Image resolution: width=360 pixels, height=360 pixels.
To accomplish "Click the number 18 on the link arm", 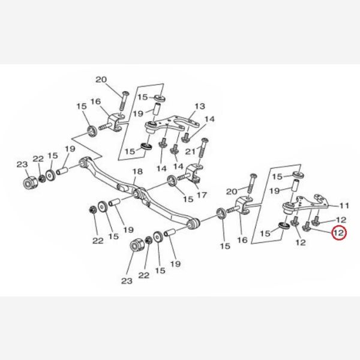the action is coord(137,172).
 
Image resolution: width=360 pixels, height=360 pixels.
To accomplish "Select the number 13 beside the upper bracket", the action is coord(200,106).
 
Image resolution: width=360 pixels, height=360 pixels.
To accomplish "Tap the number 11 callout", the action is coord(344,205).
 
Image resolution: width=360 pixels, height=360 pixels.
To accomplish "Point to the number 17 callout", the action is coord(202,195).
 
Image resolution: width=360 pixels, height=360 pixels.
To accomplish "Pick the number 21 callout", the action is coord(190,152).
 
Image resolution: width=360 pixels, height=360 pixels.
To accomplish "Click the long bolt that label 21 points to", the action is coord(203,148).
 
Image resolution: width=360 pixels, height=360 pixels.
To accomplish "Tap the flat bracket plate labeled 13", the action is coord(172,125).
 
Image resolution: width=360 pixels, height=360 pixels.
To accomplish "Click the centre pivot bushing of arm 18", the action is coord(137,193).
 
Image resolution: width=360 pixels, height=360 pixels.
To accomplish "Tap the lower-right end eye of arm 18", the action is coord(194,223).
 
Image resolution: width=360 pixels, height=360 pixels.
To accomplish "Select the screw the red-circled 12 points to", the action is coord(307,226).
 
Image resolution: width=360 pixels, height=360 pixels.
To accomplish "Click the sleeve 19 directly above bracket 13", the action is coord(157,110).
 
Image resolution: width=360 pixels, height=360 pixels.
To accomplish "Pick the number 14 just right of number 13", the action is coord(209,119).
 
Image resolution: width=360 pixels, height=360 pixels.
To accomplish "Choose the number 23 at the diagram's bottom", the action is coord(127,281).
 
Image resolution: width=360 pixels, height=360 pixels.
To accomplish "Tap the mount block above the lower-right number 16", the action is coord(243,205).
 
